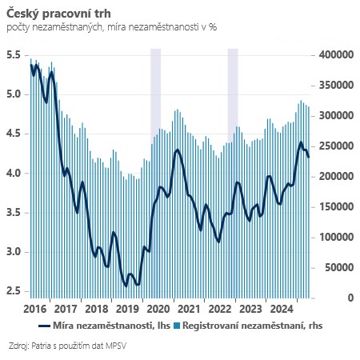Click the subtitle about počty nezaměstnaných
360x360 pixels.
coord(111,28)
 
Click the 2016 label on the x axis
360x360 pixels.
coord(35,308)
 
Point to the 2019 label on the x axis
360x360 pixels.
coord(126,308)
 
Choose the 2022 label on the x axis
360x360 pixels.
coord(218,308)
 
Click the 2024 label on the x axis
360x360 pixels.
coord(280,308)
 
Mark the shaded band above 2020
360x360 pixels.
coord(155,88)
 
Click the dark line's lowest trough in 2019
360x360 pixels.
coord(138,284)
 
